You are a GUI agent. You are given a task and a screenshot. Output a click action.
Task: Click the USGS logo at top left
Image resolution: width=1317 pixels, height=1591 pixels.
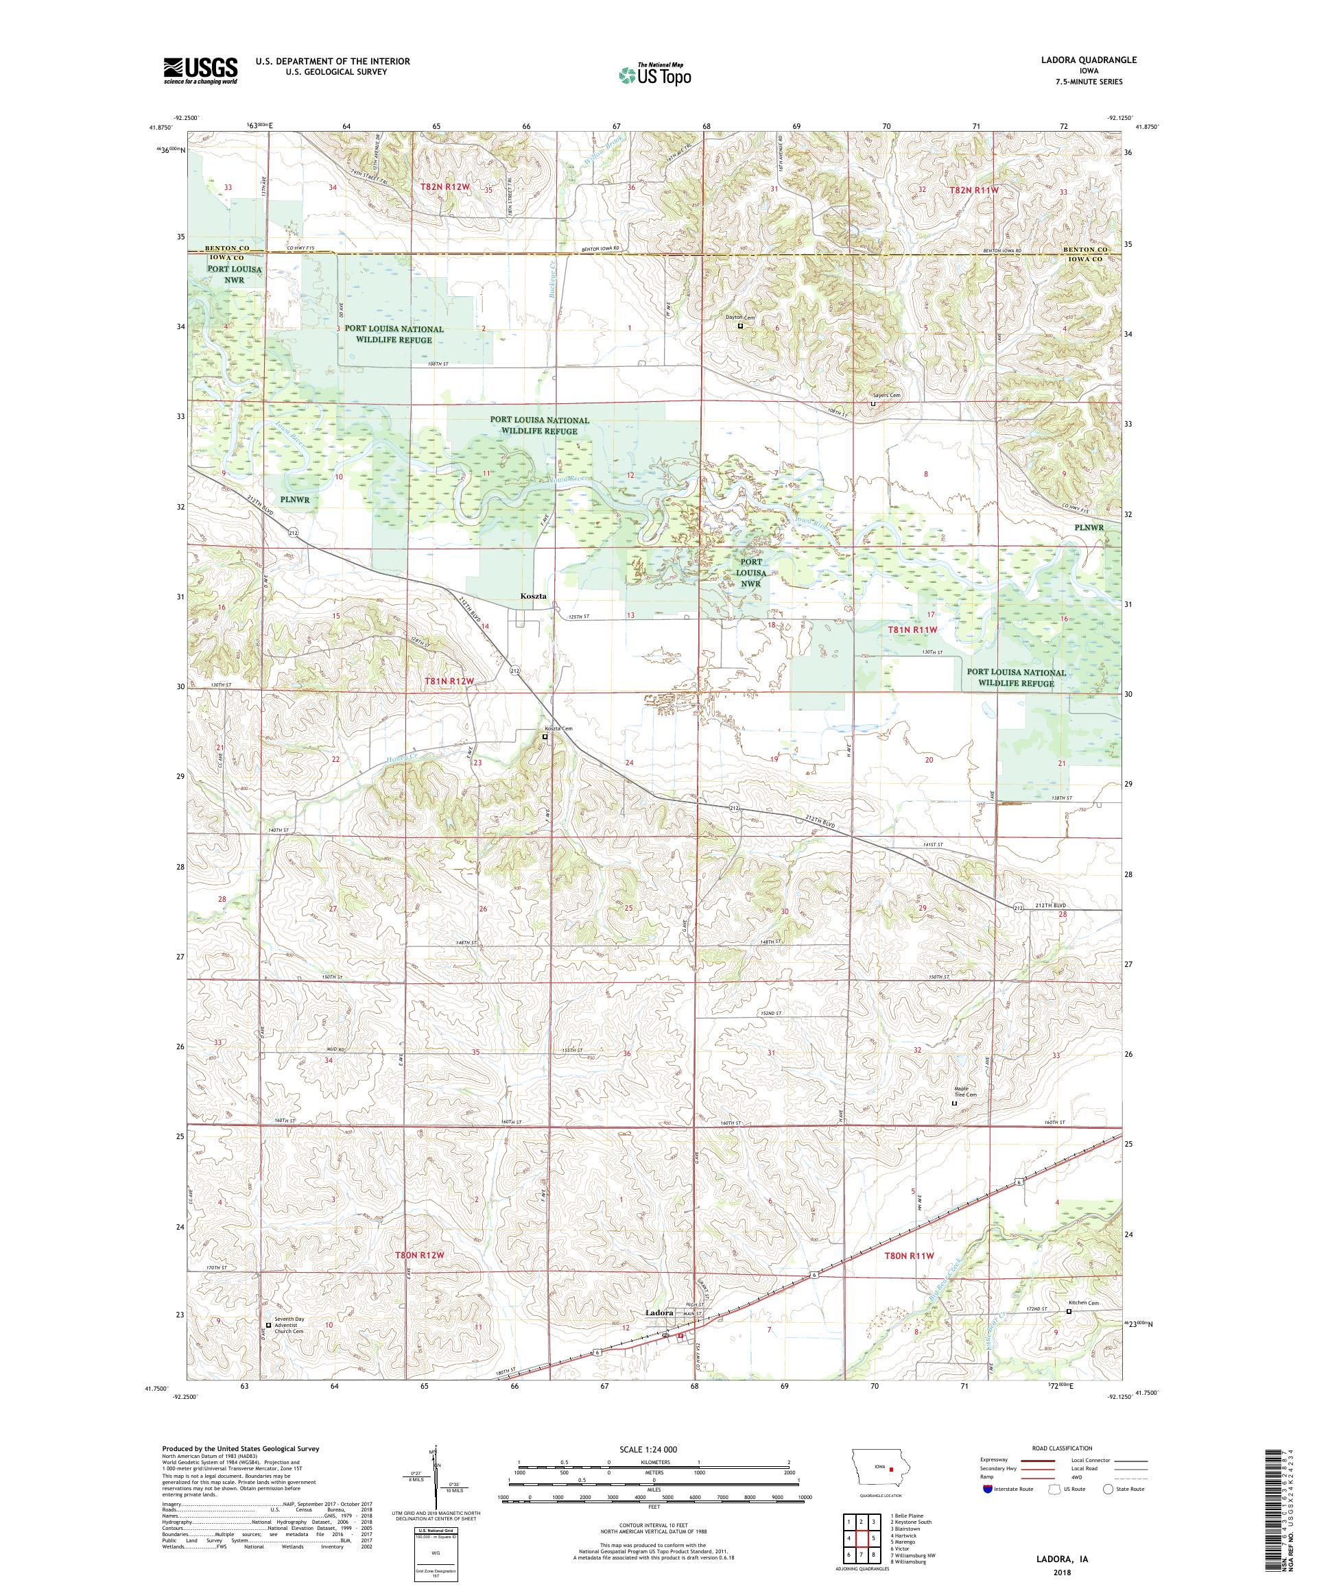[x=200, y=71]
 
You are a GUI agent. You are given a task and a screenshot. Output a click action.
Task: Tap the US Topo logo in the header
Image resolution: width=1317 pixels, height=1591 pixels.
[x=654, y=74]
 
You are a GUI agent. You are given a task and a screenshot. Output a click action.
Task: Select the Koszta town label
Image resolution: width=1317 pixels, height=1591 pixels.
[x=534, y=596]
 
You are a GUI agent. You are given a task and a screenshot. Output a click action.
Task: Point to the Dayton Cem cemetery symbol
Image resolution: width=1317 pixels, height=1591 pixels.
[x=740, y=326]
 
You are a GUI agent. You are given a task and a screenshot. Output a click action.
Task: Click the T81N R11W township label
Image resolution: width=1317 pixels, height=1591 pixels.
[x=912, y=630]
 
